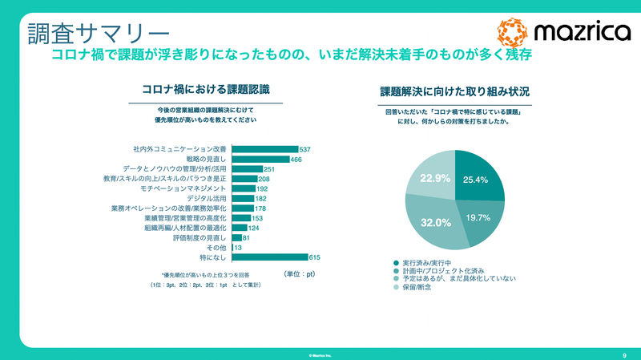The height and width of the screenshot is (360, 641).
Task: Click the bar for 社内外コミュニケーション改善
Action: click(x=264, y=150)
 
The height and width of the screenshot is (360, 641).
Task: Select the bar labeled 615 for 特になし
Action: click(x=269, y=257)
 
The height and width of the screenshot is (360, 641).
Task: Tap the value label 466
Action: click(x=296, y=160)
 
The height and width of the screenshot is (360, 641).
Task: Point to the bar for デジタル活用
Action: click(x=242, y=198)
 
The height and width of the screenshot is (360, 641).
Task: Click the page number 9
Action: click(x=623, y=354)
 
